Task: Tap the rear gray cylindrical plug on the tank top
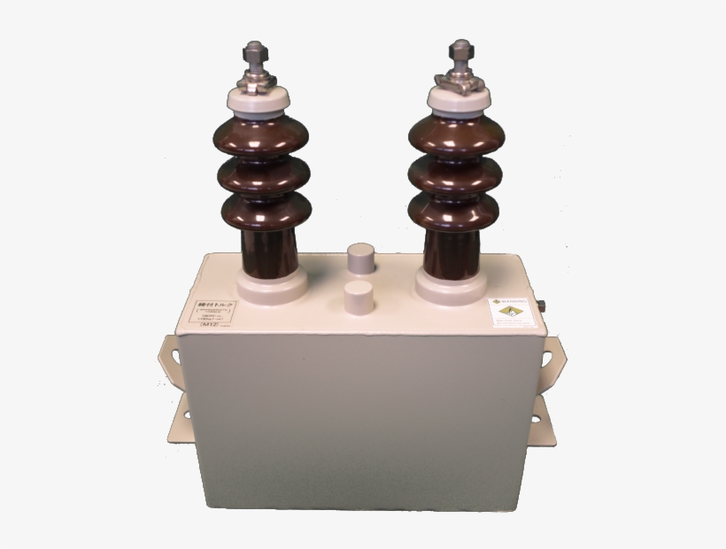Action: click(361, 259)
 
